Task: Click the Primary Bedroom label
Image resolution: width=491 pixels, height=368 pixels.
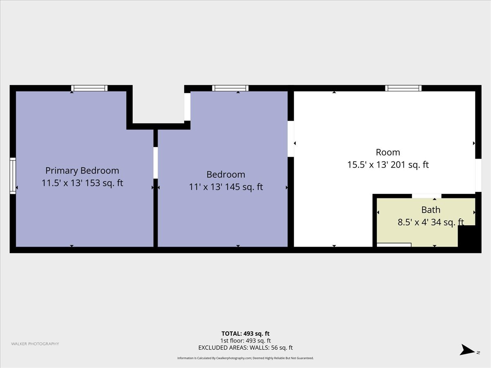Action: tap(82, 171)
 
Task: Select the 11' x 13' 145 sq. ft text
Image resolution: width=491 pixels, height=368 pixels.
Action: tap(226, 187)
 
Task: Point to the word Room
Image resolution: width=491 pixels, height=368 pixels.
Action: tap(388, 153)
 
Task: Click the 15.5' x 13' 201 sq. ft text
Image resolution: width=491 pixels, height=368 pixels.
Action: tap(388, 165)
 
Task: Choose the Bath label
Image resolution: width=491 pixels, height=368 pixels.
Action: tap(431, 210)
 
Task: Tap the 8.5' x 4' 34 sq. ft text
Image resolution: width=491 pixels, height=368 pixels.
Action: tap(430, 222)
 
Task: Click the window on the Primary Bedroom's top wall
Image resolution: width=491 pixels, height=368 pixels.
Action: tap(90, 88)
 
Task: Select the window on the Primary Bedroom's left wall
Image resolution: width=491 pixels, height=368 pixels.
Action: tap(13, 176)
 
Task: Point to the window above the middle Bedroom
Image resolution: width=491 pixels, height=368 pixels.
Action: tap(230, 88)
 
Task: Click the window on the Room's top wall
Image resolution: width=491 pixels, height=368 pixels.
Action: tap(403, 88)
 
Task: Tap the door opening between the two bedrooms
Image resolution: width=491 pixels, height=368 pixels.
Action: tap(156, 163)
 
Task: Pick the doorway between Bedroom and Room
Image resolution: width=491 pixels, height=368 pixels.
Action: tap(291, 139)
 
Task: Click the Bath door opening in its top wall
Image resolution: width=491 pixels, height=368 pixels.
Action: tap(427, 196)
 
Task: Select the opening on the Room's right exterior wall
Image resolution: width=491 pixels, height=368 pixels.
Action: tap(478, 175)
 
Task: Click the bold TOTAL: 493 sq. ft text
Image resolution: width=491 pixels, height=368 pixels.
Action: tap(245, 334)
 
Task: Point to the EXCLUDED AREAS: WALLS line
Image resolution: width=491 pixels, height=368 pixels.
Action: tap(245, 348)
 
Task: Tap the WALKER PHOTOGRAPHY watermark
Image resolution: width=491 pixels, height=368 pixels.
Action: tap(35, 343)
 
